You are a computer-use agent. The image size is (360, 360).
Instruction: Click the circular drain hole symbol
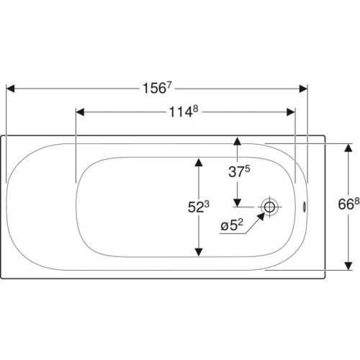point(269,207)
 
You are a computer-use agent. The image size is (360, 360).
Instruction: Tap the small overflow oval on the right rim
point(305,207)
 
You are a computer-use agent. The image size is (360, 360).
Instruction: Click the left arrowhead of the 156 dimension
point(11,89)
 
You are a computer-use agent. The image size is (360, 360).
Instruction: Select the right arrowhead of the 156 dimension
point(303,89)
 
